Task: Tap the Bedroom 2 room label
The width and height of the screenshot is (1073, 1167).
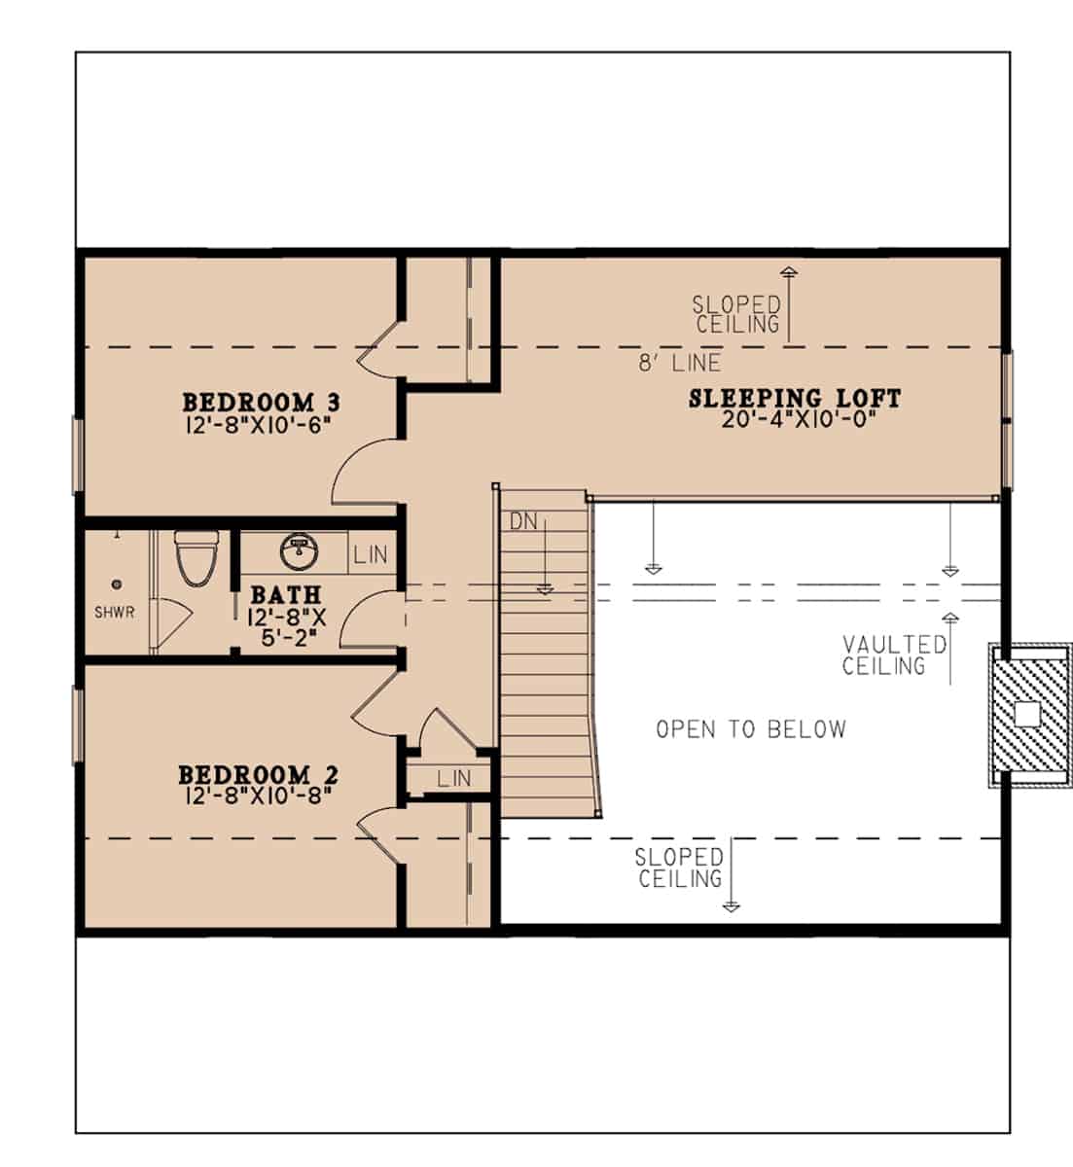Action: click(258, 775)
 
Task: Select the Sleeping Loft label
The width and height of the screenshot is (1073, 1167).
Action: click(795, 398)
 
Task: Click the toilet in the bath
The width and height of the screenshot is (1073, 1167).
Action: click(193, 558)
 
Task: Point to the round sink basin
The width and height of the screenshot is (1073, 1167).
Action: click(295, 551)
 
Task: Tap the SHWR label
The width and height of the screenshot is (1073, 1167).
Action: click(115, 613)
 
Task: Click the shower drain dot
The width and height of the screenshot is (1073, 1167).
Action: click(117, 584)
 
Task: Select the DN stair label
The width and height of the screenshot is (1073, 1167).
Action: click(523, 521)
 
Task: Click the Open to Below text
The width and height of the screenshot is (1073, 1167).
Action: click(750, 729)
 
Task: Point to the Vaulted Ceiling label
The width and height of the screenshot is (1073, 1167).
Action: click(894, 654)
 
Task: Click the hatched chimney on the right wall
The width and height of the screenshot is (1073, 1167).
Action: click(1028, 715)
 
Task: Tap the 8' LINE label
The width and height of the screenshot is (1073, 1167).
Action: click(679, 364)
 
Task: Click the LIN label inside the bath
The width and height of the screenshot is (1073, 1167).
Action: click(371, 555)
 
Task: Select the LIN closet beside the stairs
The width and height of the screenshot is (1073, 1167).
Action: click(453, 778)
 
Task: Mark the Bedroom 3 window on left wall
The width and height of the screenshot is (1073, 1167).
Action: click(78, 454)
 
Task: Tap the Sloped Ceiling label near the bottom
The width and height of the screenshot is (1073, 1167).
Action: click(679, 867)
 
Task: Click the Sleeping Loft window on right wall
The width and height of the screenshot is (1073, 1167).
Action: click(1008, 418)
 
